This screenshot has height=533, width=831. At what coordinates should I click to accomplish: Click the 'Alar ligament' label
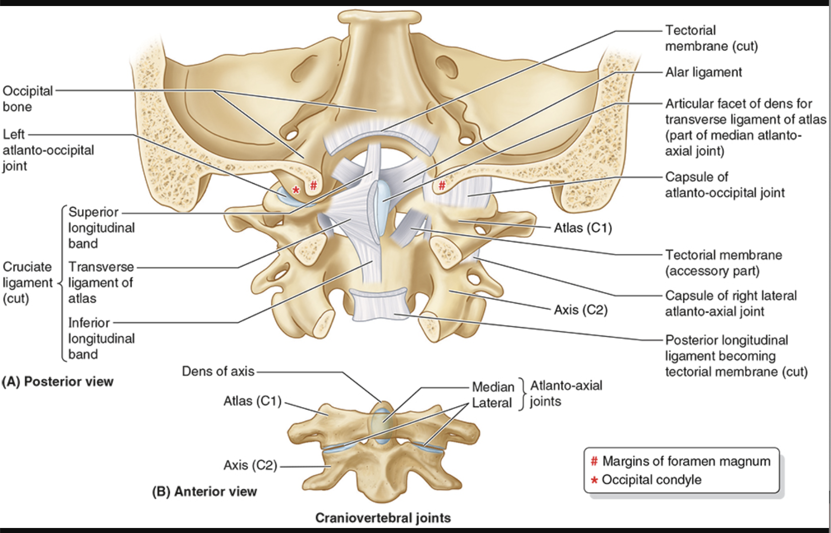point(703,72)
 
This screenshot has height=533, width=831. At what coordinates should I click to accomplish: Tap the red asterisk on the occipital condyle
point(296,190)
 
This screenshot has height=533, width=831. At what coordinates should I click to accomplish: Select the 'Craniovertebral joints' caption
point(383,517)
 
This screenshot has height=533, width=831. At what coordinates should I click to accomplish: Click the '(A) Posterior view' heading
point(58,381)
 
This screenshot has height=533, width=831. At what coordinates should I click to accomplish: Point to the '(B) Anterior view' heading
point(204,491)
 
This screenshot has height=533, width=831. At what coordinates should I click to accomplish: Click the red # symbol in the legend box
point(594,461)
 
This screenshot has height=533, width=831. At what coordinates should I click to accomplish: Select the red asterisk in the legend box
point(594,480)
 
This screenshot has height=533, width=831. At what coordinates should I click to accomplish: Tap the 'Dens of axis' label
point(218,371)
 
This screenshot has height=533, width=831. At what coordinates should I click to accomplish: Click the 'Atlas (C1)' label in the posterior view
point(583,228)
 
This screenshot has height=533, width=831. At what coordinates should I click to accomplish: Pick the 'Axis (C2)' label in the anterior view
point(250,465)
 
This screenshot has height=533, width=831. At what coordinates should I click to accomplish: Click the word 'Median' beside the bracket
point(493,387)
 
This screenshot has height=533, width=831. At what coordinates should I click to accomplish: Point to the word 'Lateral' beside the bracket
point(491,403)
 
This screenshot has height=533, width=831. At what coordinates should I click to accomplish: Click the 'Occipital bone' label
point(27,98)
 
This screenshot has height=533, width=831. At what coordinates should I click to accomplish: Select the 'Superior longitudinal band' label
point(101,227)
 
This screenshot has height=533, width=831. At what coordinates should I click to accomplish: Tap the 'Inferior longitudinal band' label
point(101,338)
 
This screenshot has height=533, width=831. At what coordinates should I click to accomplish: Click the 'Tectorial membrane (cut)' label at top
point(711,38)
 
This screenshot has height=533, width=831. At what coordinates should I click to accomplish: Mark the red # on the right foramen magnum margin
point(442,185)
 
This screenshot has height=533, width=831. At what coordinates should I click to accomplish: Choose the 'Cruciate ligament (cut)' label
point(27,283)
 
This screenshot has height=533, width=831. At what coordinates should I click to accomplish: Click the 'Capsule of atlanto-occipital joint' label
point(724,185)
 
